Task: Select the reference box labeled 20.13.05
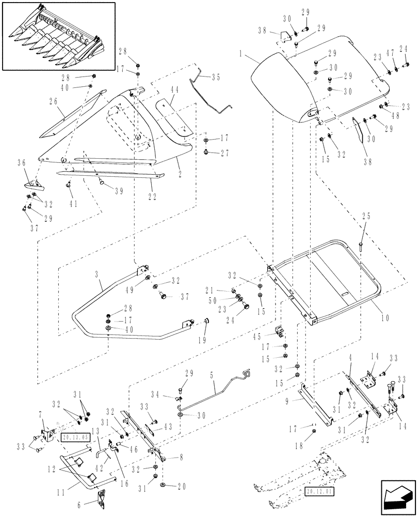tap(75, 437)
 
